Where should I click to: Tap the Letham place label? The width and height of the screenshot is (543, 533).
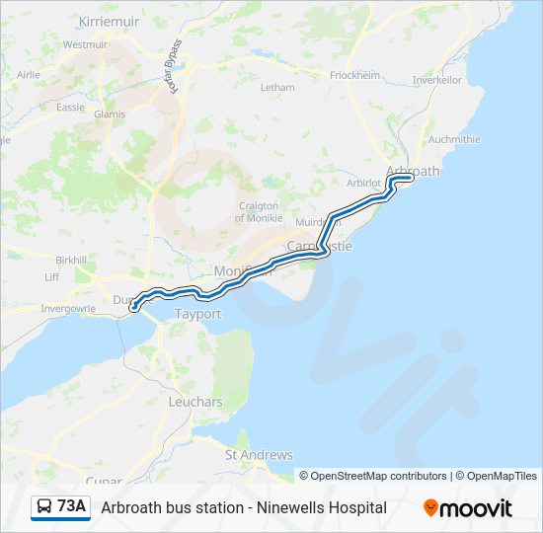[x=276, y=87]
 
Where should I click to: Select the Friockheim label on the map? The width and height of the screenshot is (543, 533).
[x=354, y=75]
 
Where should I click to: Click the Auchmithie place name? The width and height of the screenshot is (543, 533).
[x=454, y=139]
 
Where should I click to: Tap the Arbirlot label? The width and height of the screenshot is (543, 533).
[x=364, y=183]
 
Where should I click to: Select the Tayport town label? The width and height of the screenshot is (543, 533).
[x=197, y=314]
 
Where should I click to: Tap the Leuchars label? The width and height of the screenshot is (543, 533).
[x=195, y=402]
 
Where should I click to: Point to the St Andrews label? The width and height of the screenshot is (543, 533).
[x=259, y=455]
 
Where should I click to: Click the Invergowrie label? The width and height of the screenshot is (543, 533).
[x=68, y=308]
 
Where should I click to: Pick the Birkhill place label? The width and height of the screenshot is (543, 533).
[x=72, y=259]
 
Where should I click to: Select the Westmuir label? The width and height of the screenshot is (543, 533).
[x=85, y=44]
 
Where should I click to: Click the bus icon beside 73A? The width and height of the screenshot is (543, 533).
[x=44, y=507]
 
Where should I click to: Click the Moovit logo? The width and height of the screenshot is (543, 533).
[x=468, y=508]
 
